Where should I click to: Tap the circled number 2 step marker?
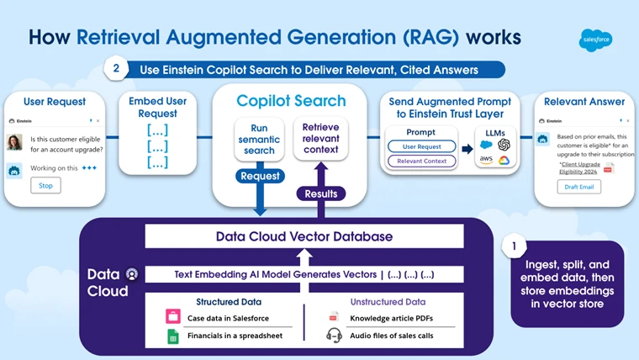click(116, 68)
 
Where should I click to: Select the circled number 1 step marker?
click(514, 247)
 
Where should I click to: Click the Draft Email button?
click(578, 187)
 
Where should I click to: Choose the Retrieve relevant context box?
click(319, 138)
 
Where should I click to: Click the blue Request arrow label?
click(260, 177)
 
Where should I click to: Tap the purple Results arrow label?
click(319, 193)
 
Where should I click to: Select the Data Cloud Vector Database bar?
click(304, 236)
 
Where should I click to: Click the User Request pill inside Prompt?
click(420, 146)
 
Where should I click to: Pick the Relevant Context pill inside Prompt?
click(420, 160)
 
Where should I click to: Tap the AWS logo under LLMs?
click(486, 160)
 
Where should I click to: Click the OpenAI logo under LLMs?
click(504, 145)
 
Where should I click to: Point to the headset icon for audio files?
click(334, 336)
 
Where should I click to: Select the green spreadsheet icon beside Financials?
click(173, 336)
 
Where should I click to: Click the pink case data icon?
click(173, 317)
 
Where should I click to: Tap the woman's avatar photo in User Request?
click(14, 142)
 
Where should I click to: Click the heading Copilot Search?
click(291, 101)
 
